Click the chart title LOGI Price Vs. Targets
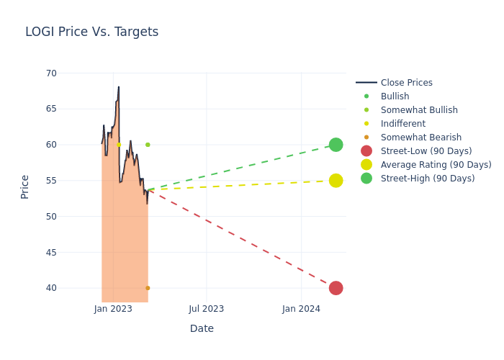[91, 32]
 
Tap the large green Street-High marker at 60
[336, 145]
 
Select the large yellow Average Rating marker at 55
[336, 180]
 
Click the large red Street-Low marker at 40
[336, 288]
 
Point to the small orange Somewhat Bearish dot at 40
[148, 288]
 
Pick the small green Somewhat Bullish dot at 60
[148, 145]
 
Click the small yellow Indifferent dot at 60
[119, 145]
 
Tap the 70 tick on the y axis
[51, 73]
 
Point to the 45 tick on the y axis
[51, 252]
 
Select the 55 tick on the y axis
[51, 180]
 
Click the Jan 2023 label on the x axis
[112, 309]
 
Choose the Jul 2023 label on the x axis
[206, 309]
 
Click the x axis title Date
[202, 328]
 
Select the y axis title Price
[25, 186]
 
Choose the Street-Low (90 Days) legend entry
[426, 151]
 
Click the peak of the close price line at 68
[119, 87]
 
